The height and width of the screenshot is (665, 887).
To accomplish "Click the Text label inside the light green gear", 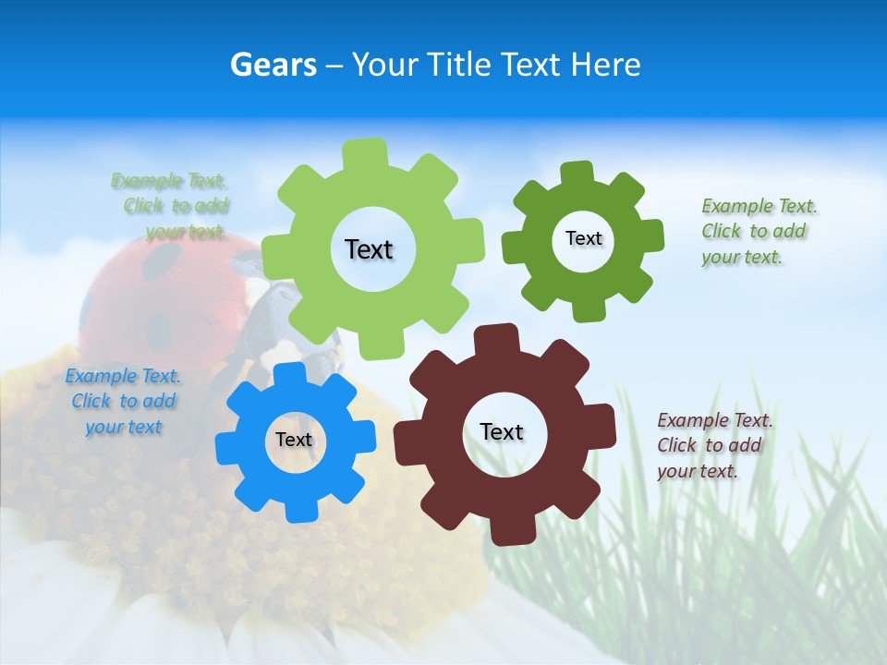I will click(x=369, y=249).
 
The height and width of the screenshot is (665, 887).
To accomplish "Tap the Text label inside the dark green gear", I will click(x=583, y=238).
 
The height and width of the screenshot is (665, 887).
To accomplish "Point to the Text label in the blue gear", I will click(x=294, y=440).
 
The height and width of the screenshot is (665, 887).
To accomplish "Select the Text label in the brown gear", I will click(x=502, y=431).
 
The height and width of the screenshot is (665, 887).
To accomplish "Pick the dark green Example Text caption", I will click(x=758, y=231).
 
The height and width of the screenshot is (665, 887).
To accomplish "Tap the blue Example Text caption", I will click(x=123, y=401).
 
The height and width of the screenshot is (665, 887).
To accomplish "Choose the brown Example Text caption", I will click(x=713, y=445).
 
